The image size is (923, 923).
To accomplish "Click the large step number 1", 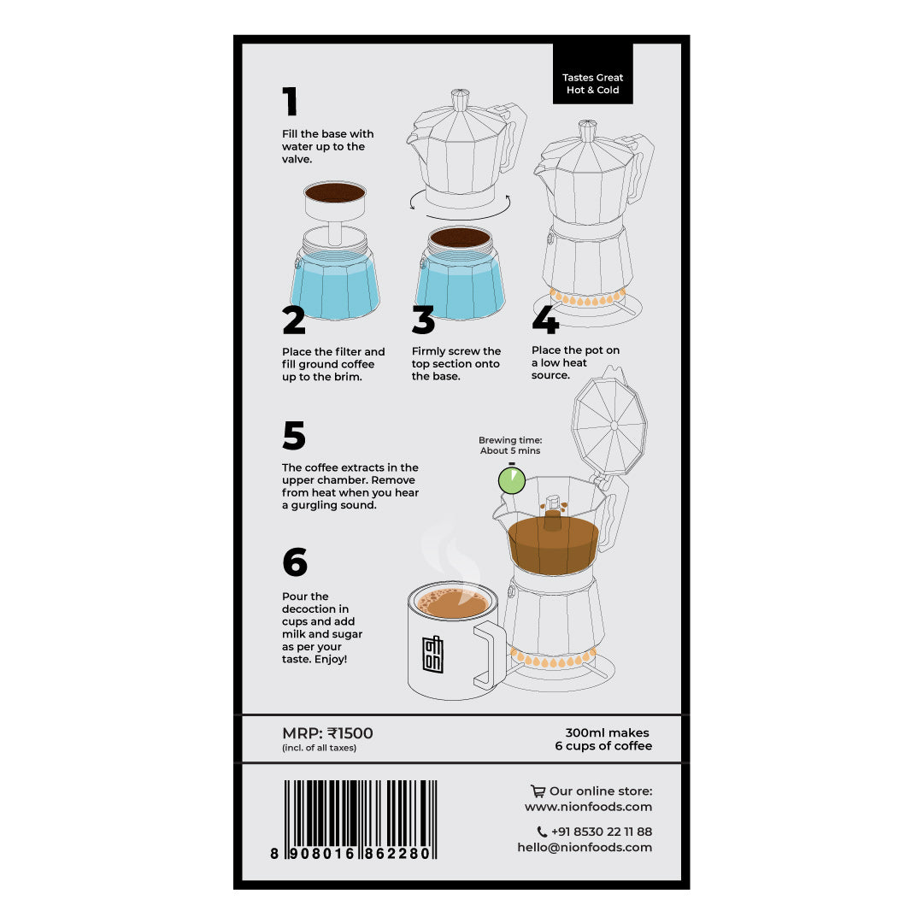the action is pyautogui.click(x=290, y=101).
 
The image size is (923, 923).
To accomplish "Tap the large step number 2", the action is pyautogui.click(x=294, y=320).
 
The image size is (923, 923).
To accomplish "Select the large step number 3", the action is pyautogui.click(x=423, y=320).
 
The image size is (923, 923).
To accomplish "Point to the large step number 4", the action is pyautogui.click(x=545, y=320).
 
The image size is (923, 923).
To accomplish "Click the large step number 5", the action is pyautogui.click(x=294, y=435).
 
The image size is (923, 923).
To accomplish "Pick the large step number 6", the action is pyautogui.click(x=295, y=561).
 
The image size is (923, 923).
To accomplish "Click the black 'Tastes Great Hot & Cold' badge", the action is pyautogui.click(x=593, y=73).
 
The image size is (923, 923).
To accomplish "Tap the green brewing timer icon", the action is pyautogui.click(x=512, y=479).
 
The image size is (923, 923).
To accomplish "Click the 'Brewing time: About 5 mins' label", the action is pyautogui.click(x=510, y=445).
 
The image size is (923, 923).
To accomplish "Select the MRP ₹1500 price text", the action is pyautogui.click(x=327, y=733).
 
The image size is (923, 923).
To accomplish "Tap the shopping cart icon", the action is pyautogui.click(x=538, y=791).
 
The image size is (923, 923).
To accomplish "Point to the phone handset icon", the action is pyautogui.click(x=542, y=832).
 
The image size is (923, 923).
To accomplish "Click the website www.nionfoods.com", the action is pyautogui.click(x=588, y=807).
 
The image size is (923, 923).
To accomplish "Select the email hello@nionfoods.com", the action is pyautogui.click(x=585, y=847).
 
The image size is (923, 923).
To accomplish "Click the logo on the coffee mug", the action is pyautogui.click(x=432, y=654).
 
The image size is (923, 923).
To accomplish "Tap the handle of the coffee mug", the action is pyautogui.click(x=490, y=655).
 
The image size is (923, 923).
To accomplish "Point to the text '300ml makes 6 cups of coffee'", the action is pyautogui.click(x=603, y=738).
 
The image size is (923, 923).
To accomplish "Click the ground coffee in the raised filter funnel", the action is pyautogui.click(x=335, y=192).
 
